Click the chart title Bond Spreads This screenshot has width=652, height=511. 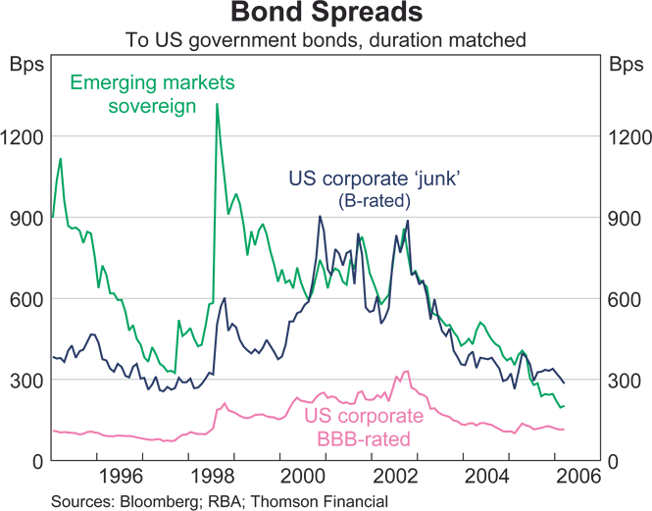pos(326,15)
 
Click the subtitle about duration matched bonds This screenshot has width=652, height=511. pos(326,41)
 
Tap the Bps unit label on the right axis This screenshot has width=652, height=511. pos(625,66)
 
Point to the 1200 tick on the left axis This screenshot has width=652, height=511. pos(23,136)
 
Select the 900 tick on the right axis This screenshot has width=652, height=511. pos(625,218)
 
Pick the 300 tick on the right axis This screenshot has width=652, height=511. pos(625,380)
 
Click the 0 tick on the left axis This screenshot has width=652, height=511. pos(35,461)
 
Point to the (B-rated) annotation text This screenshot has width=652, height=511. pos(374,201)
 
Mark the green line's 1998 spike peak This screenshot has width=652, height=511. pos(217,104)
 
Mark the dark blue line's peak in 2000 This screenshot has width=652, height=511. pos(320,217)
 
